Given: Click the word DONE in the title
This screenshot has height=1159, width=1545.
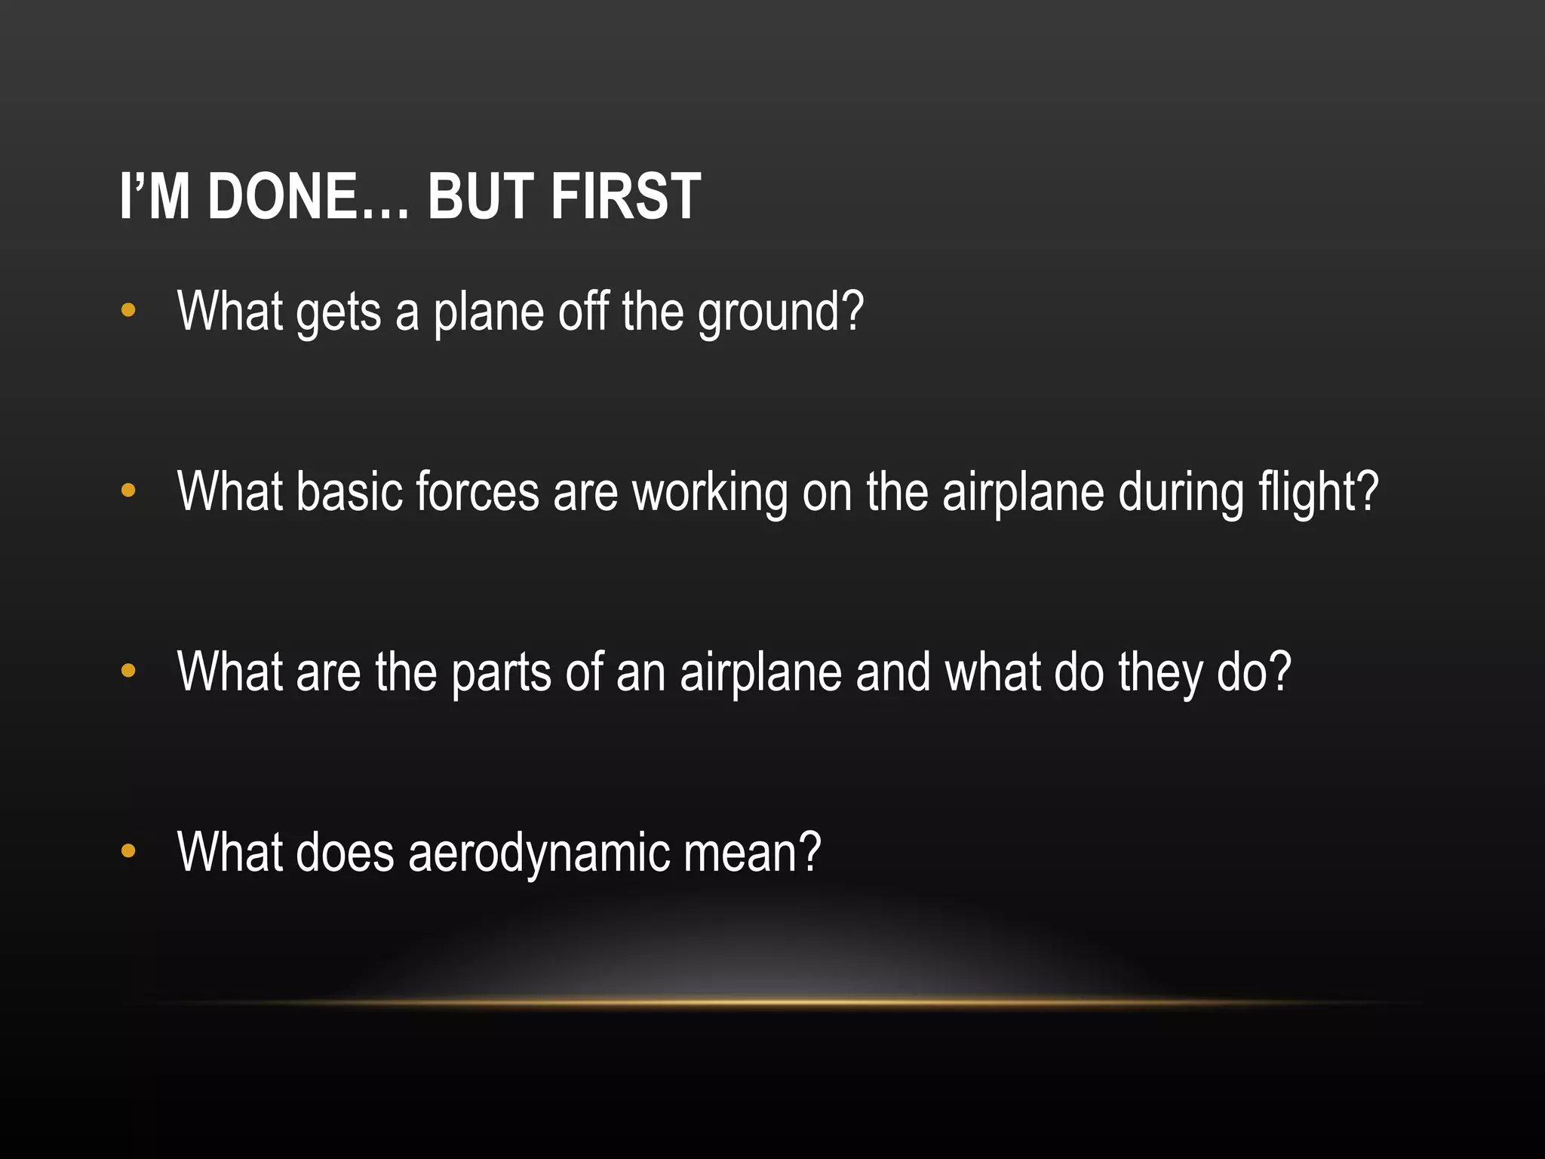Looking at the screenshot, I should click(282, 197).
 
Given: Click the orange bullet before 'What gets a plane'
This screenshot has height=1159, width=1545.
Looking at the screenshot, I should click(128, 310).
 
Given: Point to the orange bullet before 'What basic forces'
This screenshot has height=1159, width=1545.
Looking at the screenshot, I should click(128, 490).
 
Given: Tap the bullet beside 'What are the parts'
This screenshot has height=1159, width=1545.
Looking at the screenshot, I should click(128, 670).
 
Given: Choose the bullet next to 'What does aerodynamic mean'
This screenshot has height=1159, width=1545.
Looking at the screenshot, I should click(128, 851).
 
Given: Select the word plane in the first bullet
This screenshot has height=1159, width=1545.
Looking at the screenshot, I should click(488, 313).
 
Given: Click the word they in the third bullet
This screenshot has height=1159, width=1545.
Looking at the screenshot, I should click(1160, 673).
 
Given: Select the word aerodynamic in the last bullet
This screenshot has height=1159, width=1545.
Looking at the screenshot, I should click(539, 853).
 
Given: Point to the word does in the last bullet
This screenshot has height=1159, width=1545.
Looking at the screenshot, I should click(345, 853).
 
